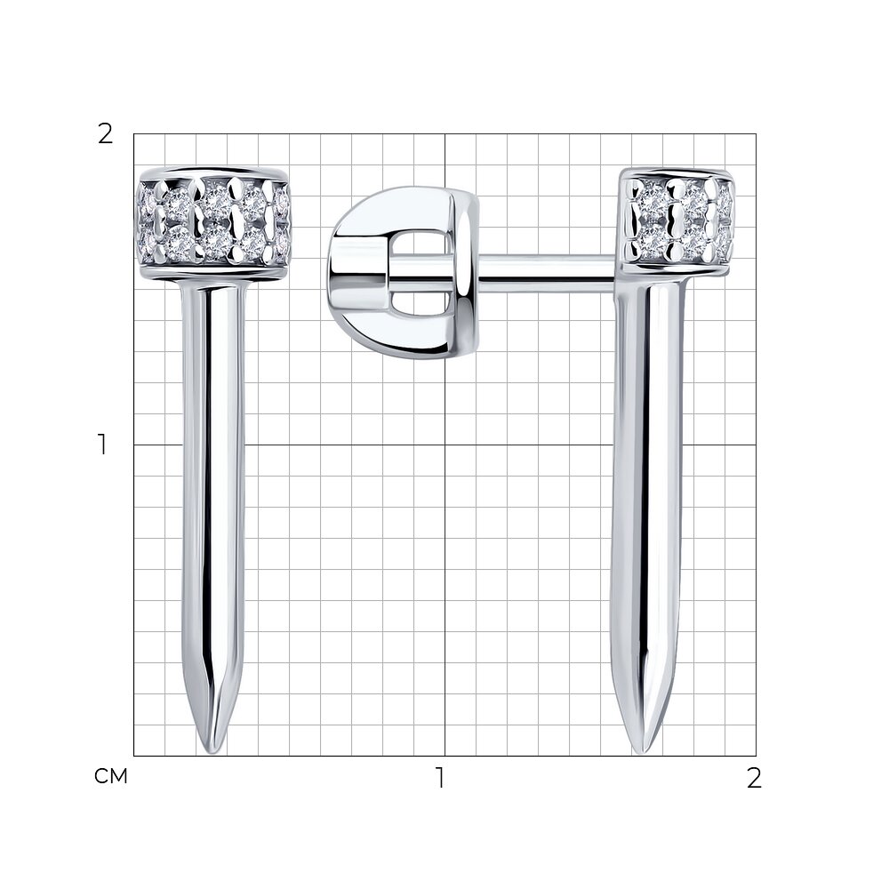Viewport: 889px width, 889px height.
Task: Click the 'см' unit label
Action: coord(111,776)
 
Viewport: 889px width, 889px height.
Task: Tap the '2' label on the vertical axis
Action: coord(106,134)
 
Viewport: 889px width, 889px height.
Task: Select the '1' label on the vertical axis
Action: coord(102,445)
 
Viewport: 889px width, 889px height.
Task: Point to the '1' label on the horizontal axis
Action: coord(440,778)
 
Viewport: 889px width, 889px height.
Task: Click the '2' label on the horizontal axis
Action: coord(754,778)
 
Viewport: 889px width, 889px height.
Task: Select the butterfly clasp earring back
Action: coord(404,272)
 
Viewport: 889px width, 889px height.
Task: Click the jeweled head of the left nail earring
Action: coord(214,225)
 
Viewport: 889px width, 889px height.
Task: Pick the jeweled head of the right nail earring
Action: coord(676,222)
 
